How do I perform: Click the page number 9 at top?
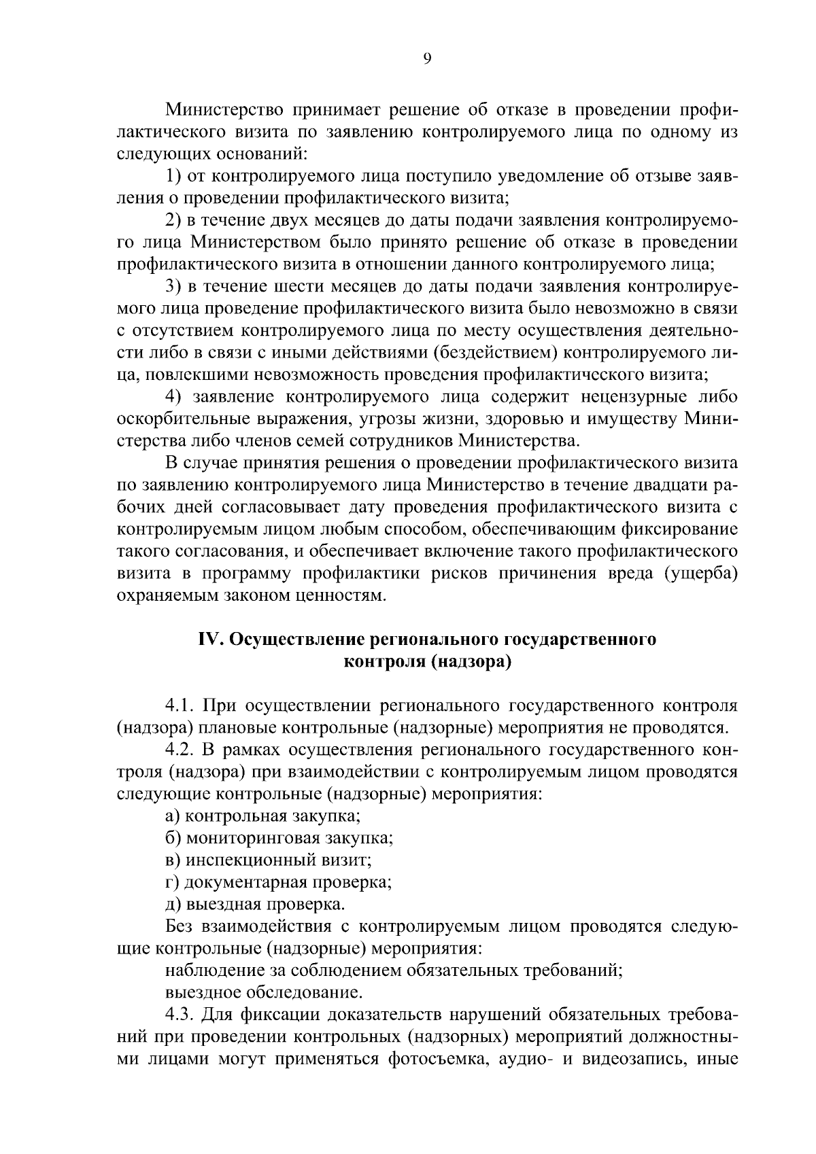click(x=426, y=59)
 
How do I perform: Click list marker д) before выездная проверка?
click(x=173, y=905)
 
